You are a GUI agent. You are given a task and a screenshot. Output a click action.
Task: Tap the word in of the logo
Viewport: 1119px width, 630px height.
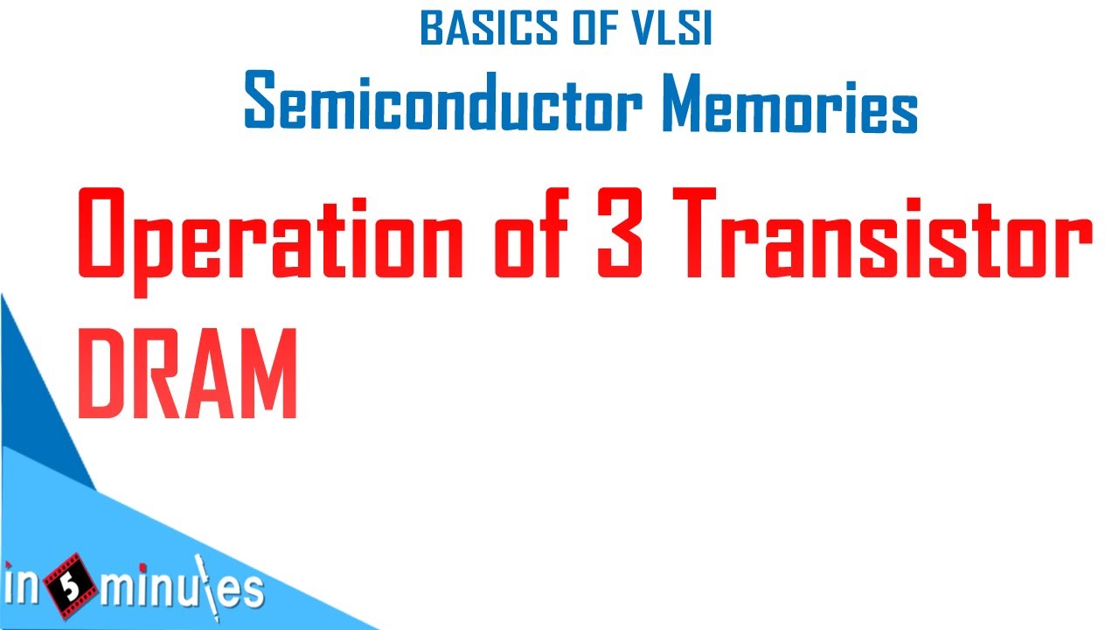(x=24, y=589)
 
